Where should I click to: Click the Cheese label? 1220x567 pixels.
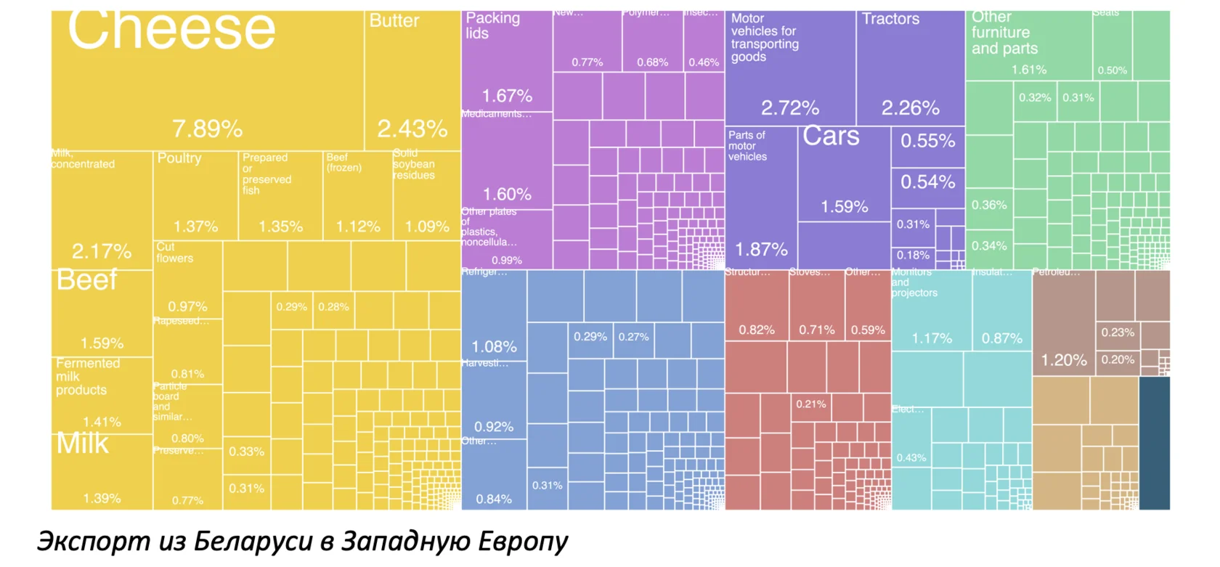(171, 30)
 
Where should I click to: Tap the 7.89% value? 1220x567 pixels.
(207, 129)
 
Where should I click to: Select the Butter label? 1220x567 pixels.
(394, 20)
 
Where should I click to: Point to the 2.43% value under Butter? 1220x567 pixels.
(412, 129)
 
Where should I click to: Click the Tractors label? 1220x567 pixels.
(890, 19)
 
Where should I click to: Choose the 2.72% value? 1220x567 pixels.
(789, 108)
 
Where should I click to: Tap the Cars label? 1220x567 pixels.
(831, 136)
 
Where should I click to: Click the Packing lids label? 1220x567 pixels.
(492, 25)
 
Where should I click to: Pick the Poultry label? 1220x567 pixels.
(179, 158)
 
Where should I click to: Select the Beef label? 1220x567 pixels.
(86, 280)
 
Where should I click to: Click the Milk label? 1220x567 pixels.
(82, 444)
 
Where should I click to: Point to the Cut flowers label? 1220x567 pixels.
(174, 253)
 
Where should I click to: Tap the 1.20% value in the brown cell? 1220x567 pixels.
(1064, 360)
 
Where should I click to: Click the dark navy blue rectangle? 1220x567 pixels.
(1154, 443)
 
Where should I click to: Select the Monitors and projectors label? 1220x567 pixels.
(914, 282)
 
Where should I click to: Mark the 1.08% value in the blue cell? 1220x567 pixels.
(494, 347)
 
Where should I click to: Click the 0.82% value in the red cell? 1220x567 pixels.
(756, 330)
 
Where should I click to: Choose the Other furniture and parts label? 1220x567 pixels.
(1004, 33)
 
